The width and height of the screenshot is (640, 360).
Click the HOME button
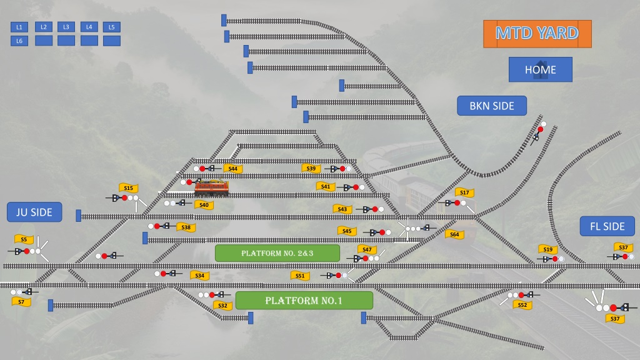click(x=541, y=69)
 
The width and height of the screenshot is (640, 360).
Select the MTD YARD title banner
click(x=537, y=34)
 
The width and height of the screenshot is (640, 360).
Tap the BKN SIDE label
click(x=492, y=106)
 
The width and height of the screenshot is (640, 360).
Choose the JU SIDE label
click(x=34, y=212)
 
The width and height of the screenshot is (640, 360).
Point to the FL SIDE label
click(x=607, y=226)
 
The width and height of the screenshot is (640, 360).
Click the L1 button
click(x=19, y=27)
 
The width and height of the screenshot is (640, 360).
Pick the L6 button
click(x=19, y=41)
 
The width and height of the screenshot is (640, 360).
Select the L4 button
click(x=89, y=27)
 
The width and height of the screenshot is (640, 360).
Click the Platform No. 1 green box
click(x=304, y=301)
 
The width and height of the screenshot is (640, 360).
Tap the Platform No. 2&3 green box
click(x=277, y=253)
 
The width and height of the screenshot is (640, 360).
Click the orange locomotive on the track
click(x=211, y=187)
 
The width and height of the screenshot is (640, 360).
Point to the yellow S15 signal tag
click(x=129, y=187)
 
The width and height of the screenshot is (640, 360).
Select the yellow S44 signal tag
click(x=233, y=169)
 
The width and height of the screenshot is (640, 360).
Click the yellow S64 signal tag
click(x=454, y=234)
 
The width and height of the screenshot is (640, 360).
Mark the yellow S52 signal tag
click(x=522, y=305)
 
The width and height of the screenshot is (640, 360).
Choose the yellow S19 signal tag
click(x=547, y=249)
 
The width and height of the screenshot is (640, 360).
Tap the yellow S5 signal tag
click(x=24, y=239)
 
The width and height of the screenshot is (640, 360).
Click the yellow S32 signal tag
click(x=222, y=305)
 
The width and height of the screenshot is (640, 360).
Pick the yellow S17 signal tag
click(x=464, y=192)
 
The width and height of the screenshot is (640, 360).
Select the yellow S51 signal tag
click(x=300, y=276)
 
